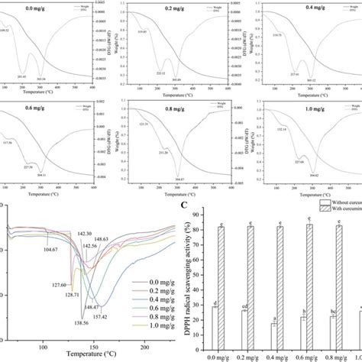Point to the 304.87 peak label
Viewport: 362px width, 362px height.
tap(178, 179)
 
